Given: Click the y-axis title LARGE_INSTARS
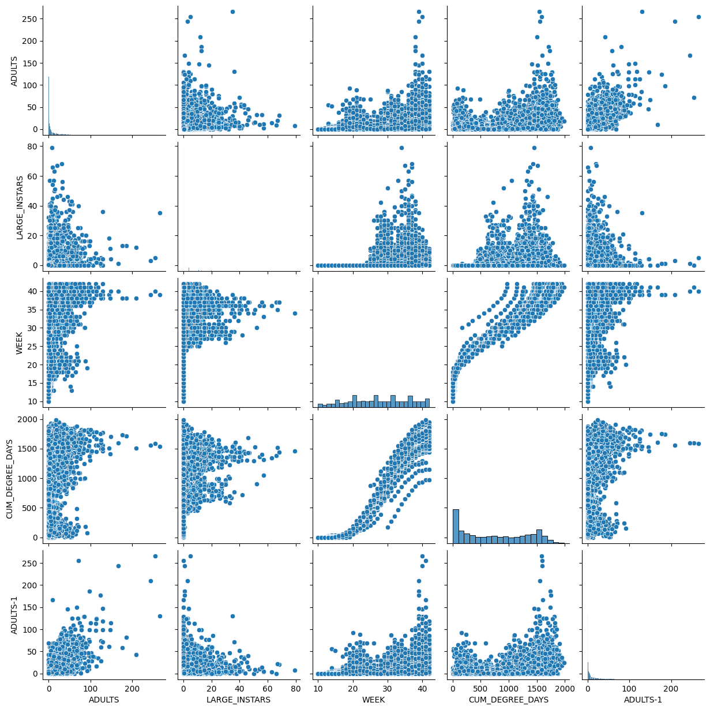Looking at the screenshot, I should [x=20, y=206].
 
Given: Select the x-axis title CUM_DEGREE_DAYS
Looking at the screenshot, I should [x=508, y=700].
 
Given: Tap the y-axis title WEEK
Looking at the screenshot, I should [x=20, y=341].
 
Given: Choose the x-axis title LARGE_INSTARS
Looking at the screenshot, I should [x=239, y=700].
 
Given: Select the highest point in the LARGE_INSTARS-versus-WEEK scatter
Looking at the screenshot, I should [x=401, y=148].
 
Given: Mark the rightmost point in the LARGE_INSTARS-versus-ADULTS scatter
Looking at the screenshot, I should [x=160, y=213].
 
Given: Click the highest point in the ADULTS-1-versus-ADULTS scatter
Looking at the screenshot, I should [x=155, y=556].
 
